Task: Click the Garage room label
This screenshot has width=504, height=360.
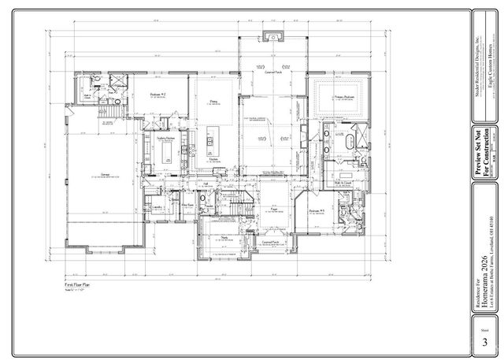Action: [105, 175]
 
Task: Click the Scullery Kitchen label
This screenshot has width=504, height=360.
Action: [165, 138]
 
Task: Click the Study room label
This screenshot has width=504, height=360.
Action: [224, 236]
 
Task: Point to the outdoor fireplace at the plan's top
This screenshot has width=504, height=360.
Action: [273, 35]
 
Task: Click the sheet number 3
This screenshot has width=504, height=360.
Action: [484, 342]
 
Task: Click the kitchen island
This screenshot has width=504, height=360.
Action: [210, 143]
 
